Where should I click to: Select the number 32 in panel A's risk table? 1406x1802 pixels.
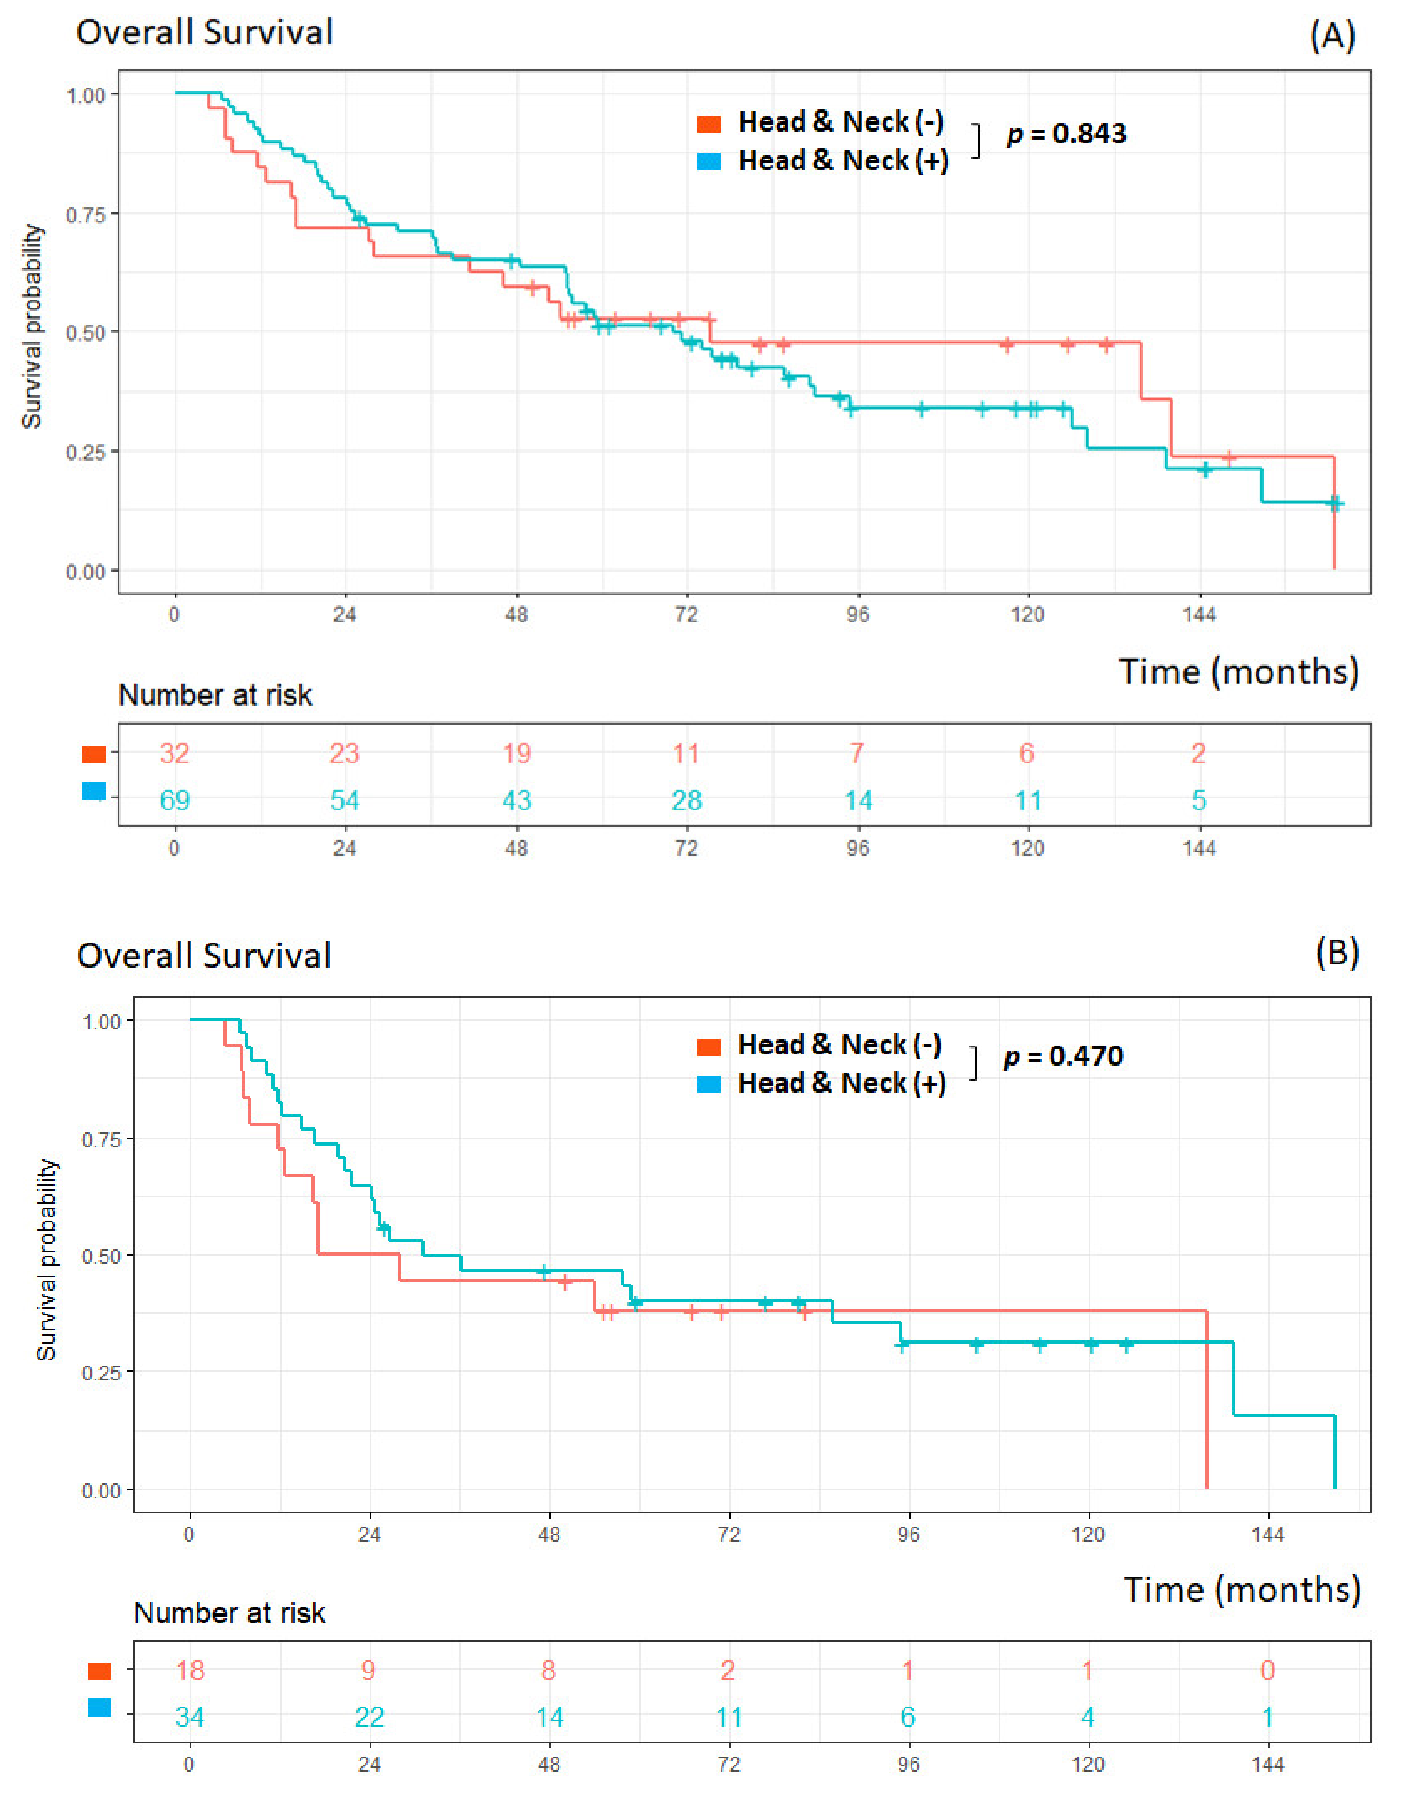[x=174, y=753]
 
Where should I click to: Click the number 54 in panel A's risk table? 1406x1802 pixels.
[x=345, y=800]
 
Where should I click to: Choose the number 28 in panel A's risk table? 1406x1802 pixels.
[x=686, y=800]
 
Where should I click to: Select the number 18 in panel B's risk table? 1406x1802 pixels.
[x=190, y=1671]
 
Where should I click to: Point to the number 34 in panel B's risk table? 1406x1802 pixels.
[x=190, y=1718]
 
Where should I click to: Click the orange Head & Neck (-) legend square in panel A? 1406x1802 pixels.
[x=709, y=124]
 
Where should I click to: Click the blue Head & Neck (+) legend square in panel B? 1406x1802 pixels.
[x=709, y=1084]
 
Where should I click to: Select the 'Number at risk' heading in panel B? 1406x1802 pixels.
[x=229, y=1613]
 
